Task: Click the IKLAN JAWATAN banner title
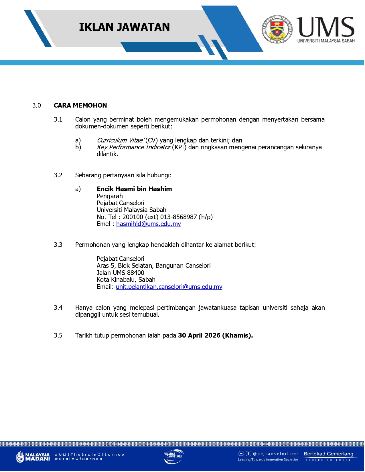pos(124,27)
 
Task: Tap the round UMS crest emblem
pos(277,29)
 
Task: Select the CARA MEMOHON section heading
pos(80,105)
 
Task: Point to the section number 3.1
pos(58,120)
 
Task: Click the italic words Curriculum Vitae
pos(120,140)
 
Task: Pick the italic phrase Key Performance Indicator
pos(134,147)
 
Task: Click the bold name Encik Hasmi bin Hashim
pos(134,189)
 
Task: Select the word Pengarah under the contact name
pos(110,196)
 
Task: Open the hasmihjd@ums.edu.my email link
pos(148,224)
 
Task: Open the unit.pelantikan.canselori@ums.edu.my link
pos(169,287)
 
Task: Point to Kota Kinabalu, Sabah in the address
pos(126,279)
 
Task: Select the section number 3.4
pos(58,308)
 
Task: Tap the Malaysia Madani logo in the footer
pos(33,457)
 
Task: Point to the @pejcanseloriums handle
pos(276,454)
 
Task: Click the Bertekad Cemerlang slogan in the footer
pos(328,454)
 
